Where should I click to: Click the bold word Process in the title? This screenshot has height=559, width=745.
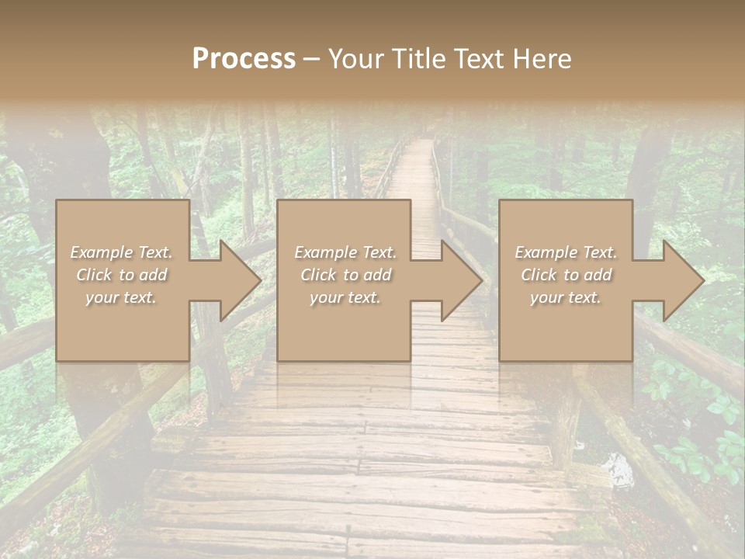click(x=244, y=59)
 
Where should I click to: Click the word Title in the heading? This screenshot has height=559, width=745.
click(x=417, y=59)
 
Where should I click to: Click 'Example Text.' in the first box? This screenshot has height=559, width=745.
click(x=122, y=252)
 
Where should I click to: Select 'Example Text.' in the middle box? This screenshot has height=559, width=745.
click(x=345, y=252)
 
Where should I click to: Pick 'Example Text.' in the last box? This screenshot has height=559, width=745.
click(x=566, y=252)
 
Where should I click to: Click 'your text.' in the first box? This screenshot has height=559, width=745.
click(x=121, y=297)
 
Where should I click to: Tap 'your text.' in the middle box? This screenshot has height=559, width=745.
click(x=345, y=297)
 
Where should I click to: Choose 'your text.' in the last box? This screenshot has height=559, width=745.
click(x=566, y=297)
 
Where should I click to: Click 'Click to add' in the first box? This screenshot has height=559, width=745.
click(x=122, y=275)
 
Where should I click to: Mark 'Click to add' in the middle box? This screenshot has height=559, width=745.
click(x=345, y=275)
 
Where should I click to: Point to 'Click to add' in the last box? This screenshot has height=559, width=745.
click(x=566, y=275)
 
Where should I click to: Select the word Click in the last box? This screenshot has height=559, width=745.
click(x=539, y=275)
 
